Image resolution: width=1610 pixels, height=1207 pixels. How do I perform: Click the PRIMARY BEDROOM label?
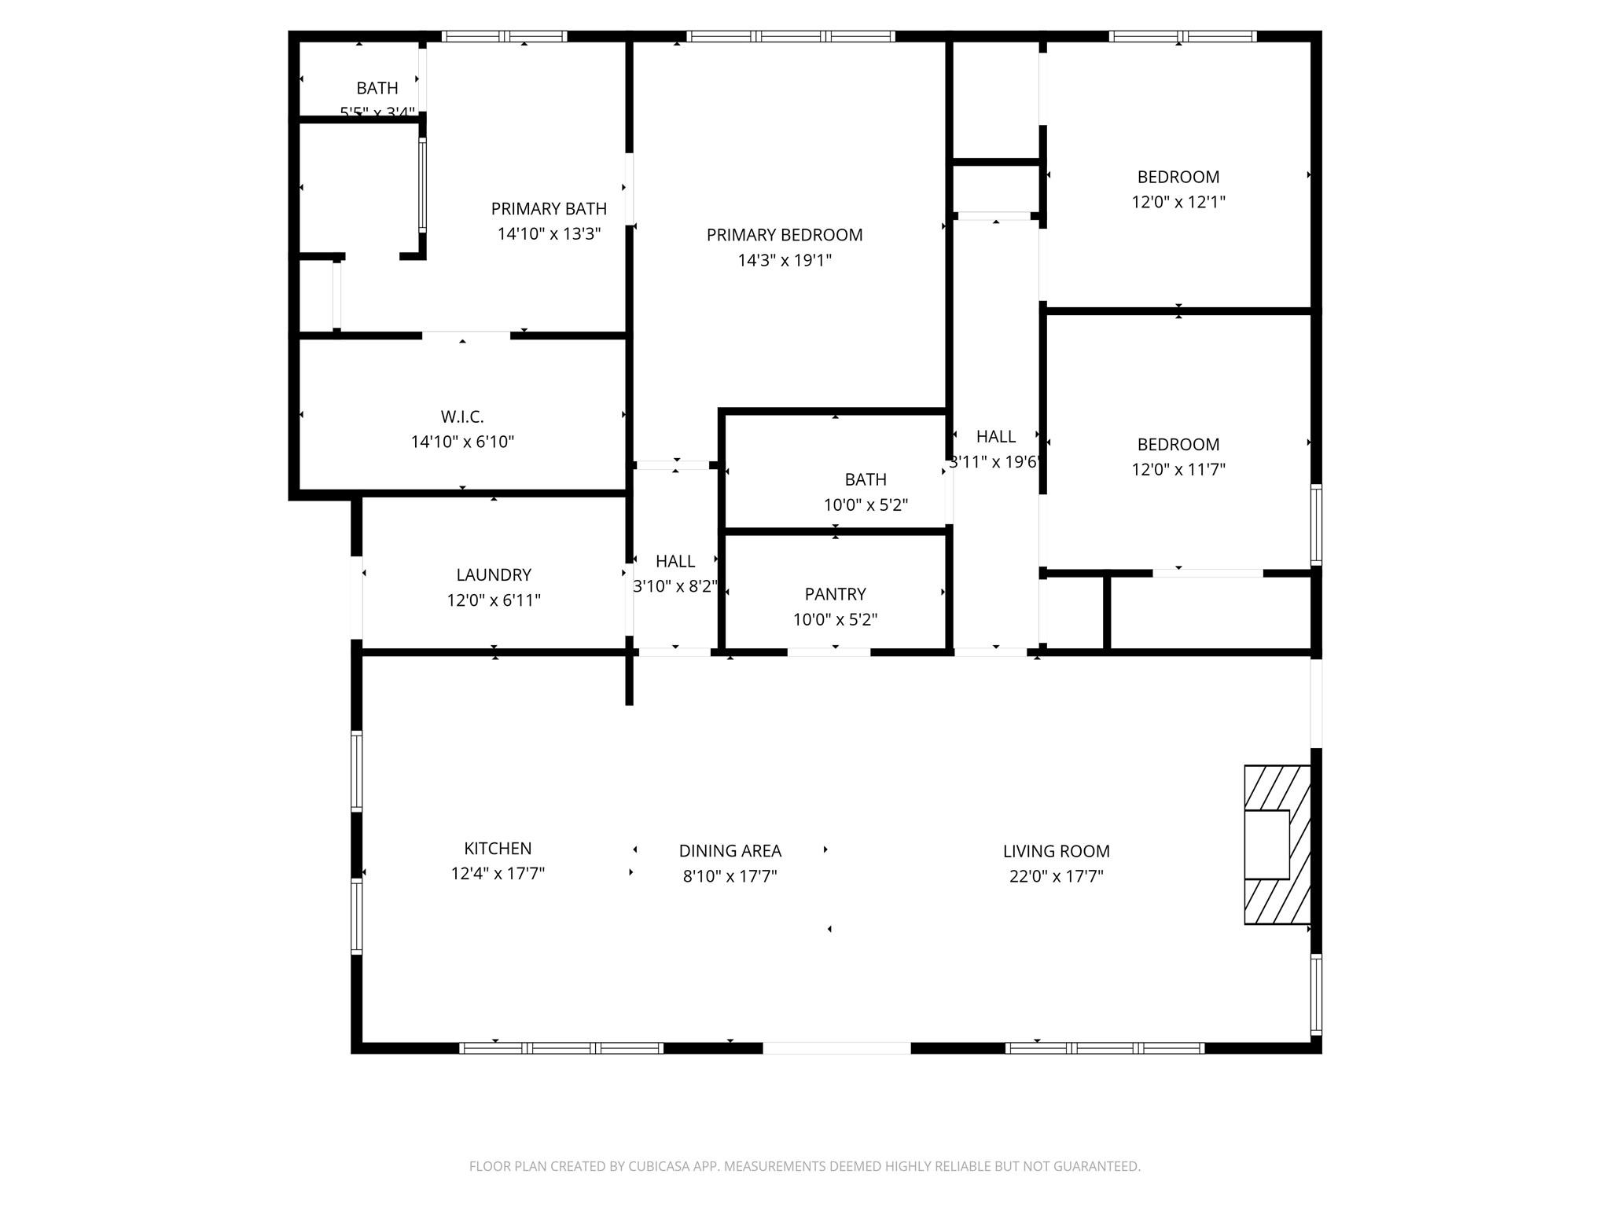784,234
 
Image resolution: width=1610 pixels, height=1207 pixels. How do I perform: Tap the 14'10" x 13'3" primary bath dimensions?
549,233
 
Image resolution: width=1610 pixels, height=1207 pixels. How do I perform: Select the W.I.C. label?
462,416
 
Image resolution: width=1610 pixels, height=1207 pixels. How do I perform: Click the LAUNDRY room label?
494,574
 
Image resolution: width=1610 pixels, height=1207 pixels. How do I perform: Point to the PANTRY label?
835,594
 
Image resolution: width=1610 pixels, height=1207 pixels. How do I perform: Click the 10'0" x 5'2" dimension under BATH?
866,504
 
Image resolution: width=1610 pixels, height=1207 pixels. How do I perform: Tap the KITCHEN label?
498,848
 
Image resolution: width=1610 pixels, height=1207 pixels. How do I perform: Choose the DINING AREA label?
730,850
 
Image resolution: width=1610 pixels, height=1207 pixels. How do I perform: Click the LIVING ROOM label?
1056,850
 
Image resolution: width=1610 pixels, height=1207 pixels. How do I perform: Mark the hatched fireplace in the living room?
1277,845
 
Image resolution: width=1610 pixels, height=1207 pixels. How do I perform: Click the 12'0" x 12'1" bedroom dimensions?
1178,201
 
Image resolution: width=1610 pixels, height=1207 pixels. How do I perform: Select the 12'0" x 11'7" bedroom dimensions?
1178,469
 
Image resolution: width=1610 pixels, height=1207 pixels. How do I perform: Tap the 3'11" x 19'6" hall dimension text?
995,461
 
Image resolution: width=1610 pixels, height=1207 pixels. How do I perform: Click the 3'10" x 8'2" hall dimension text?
675,585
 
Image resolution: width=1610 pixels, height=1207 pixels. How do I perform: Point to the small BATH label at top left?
377,88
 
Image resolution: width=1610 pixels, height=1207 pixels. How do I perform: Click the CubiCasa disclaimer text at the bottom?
804,1166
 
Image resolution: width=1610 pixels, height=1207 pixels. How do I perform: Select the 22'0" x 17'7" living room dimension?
1056,875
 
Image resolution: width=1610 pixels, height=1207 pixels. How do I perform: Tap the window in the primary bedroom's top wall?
790,36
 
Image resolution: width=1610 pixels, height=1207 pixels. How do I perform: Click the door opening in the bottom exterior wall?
836,1047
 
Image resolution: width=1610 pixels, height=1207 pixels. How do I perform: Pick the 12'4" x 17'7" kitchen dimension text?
498,873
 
